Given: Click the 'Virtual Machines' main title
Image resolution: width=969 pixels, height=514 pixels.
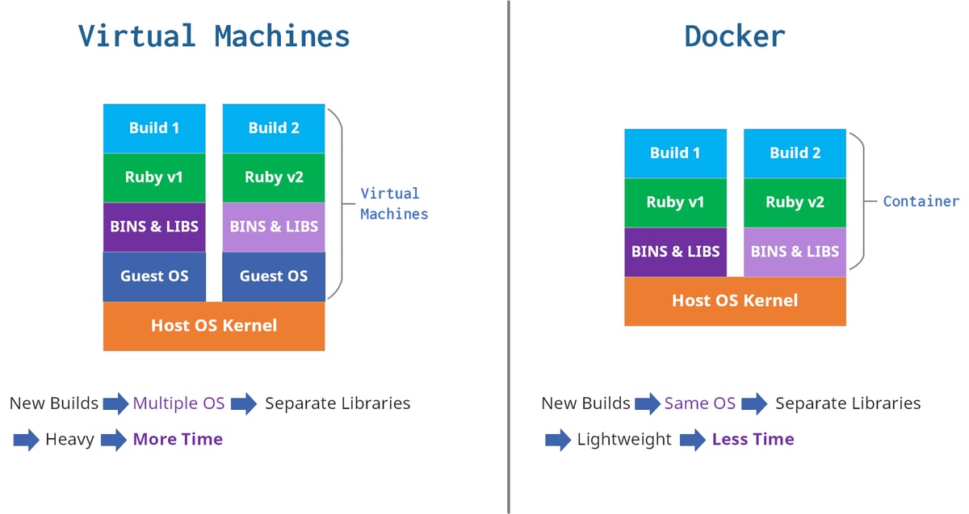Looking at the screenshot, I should click(214, 36).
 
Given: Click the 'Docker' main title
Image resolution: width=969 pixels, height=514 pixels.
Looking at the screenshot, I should click(734, 36).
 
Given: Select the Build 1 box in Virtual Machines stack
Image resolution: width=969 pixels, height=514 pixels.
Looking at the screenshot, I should click(154, 128).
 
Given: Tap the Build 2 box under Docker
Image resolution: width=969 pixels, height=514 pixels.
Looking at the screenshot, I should click(795, 153).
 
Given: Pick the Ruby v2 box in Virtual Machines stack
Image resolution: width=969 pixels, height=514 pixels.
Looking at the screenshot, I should click(274, 178).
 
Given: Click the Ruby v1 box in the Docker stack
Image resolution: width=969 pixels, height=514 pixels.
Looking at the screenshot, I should click(675, 203).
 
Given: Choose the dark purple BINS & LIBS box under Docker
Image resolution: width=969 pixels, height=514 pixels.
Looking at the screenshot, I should click(675, 252).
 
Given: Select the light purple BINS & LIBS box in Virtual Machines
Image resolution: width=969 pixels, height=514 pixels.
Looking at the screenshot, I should click(274, 227).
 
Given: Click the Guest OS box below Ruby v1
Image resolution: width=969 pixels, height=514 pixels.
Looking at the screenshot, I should click(154, 276).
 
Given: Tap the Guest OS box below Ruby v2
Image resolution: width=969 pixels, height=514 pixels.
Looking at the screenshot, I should click(274, 276).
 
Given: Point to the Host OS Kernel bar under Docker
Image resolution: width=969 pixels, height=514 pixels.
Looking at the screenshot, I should click(735, 301).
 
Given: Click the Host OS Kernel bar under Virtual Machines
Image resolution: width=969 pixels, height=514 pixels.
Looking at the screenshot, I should click(214, 326).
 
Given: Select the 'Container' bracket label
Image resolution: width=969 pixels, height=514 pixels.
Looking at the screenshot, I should click(921, 202).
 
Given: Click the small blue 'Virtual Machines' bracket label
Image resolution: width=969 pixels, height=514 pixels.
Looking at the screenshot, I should click(393, 203).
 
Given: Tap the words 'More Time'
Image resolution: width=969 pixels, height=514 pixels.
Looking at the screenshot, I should click(178, 440).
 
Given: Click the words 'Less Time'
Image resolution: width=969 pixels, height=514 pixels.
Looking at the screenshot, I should click(753, 440).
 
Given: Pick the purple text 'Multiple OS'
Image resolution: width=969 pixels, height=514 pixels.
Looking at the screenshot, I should click(178, 403).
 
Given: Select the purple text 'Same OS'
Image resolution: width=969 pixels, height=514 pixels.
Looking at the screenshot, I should click(699, 403).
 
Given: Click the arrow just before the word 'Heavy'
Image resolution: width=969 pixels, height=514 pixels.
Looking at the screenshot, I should click(26, 440).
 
